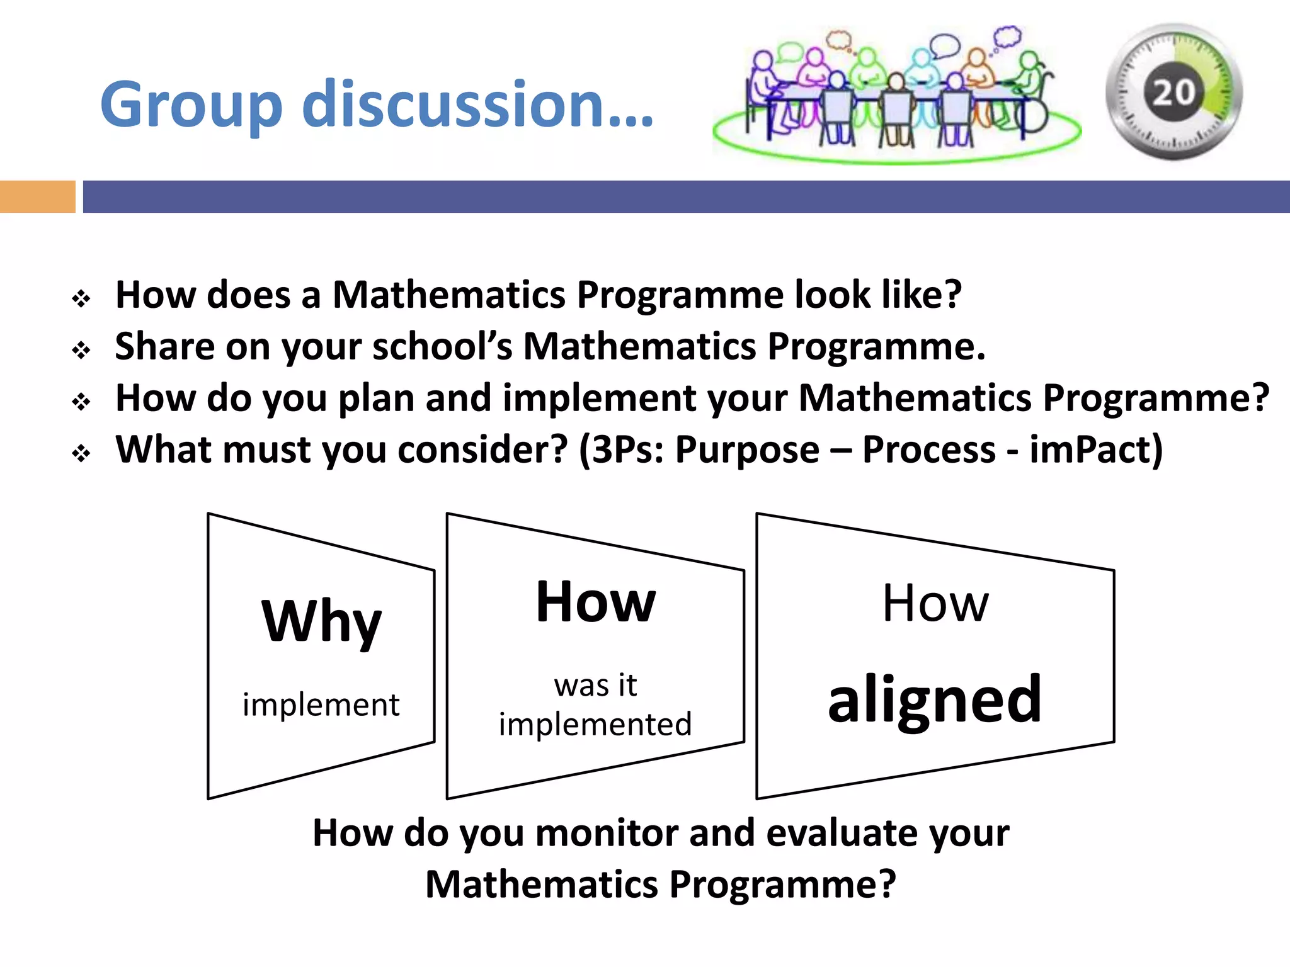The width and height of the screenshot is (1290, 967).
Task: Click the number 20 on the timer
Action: (x=1173, y=93)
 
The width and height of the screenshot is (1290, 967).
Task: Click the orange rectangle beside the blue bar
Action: (x=37, y=196)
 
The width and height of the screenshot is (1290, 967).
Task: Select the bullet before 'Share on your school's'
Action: (x=81, y=349)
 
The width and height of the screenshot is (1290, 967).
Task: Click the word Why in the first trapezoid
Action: (x=321, y=622)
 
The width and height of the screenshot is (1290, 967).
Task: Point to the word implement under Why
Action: (x=321, y=704)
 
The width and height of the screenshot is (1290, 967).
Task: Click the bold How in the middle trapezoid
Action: (x=595, y=602)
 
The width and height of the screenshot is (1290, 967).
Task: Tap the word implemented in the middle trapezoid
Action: (x=595, y=725)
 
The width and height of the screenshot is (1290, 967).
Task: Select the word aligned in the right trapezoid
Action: (x=935, y=699)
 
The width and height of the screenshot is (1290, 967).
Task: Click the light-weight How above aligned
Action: (x=935, y=603)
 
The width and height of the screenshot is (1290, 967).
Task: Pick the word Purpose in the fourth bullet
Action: (x=747, y=450)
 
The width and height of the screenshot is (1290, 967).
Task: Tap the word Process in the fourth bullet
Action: (x=928, y=450)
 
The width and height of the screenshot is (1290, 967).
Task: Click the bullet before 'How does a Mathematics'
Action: (x=81, y=298)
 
